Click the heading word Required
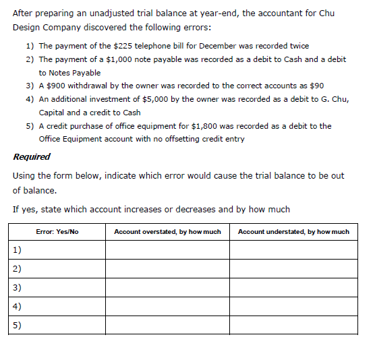(x=32, y=156)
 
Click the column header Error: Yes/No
(x=57, y=232)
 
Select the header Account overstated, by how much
(x=167, y=232)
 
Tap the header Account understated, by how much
(x=293, y=232)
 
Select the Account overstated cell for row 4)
(x=167, y=306)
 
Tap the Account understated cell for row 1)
(x=293, y=250)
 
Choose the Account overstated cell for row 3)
(x=167, y=287)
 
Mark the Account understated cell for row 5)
(x=293, y=325)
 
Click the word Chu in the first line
(x=326, y=13)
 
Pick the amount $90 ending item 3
(x=315, y=86)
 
